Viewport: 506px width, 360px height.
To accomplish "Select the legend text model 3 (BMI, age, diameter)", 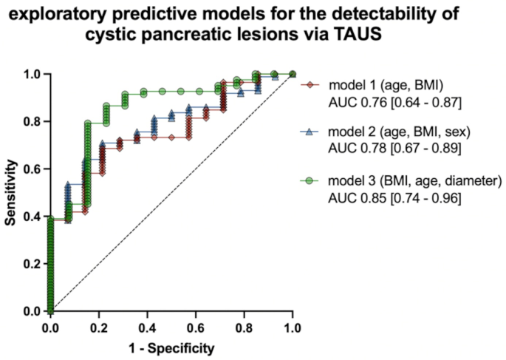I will pos(406,181).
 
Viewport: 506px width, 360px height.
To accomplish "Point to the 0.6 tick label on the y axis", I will pos(32,169).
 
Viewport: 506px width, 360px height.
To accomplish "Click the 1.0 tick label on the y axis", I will pos(32,74).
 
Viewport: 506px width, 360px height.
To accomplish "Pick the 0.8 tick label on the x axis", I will pos(245,326).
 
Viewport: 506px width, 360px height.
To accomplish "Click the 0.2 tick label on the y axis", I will pos(32,263).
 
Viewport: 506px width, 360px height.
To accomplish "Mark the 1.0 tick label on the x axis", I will pos(293,326).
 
